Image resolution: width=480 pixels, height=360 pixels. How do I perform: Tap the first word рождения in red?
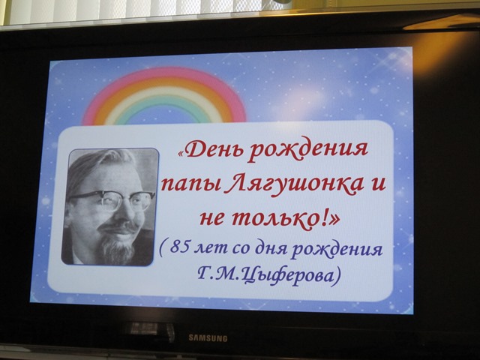point(307,151)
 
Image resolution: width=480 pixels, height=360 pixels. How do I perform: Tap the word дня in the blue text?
point(269,249)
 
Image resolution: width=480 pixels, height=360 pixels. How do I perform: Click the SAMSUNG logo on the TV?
point(208,338)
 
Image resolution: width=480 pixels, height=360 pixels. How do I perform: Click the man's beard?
point(118,248)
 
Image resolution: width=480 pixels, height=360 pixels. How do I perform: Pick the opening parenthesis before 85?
point(162,247)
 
